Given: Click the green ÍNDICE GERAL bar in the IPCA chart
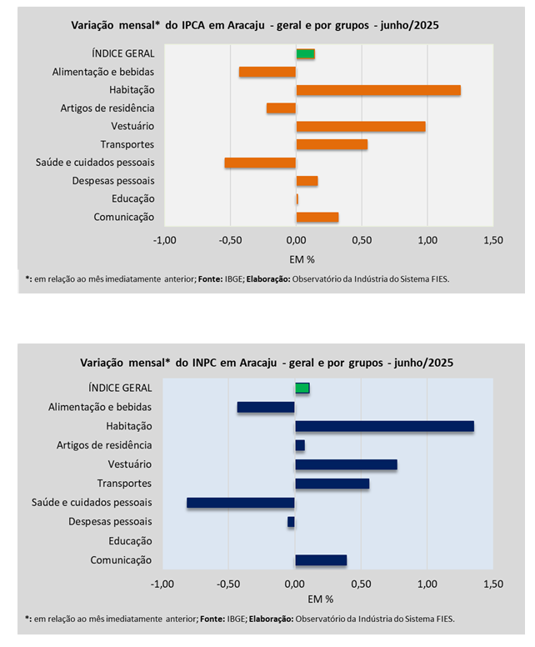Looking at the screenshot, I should tap(305, 54).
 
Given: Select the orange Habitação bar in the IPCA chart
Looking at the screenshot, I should tap(378, 90).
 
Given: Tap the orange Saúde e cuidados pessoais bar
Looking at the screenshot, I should tap(260, 163).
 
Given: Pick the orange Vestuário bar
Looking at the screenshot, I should tap(361, 127).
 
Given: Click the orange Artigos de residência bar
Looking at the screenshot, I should tap(281, 108).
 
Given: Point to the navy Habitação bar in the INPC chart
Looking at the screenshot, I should tap(384, 426).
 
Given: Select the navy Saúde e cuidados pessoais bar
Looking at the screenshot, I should tap(241, 503).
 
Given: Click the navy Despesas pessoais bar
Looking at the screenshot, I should tap(291, 522).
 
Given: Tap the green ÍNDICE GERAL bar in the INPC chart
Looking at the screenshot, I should tap(302, 388).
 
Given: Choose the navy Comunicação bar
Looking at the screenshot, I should tap(321, 560).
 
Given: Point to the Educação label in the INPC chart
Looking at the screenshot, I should tap(130, 541).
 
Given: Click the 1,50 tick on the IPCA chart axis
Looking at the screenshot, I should tap(492, 240).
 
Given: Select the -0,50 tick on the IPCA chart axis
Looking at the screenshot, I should tap(230, 240).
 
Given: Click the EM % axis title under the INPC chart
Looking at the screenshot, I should tap(320, 599).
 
